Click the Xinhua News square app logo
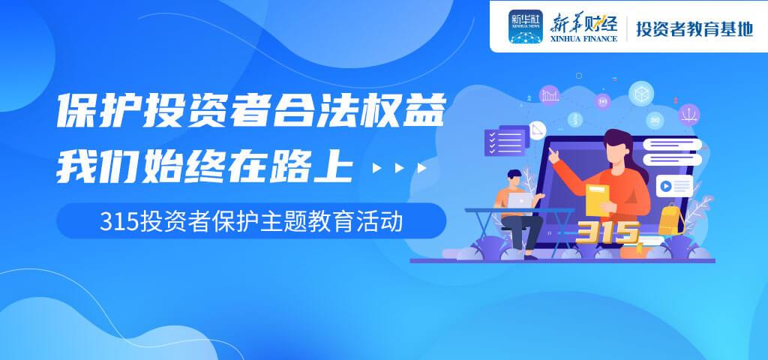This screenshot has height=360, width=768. (x=525, y=26)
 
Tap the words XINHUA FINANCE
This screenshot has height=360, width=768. (x=583, y=39)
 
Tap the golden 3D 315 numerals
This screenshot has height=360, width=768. (x=607, y=232)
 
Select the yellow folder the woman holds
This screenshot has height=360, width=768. (x=598, y=199)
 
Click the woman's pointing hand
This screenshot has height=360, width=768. (x=553, y=155)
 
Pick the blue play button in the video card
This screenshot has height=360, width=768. (x=665, y=186)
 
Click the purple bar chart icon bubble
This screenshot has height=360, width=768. (x=550, y=95)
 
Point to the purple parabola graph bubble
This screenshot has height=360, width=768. (x=689, y=115)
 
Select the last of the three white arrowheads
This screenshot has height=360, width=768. (x=421, y=169)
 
